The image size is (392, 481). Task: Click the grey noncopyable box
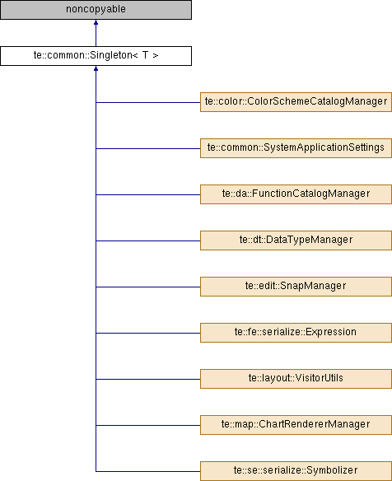coord(96,10)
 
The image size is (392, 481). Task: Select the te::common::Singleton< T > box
coord(96,56)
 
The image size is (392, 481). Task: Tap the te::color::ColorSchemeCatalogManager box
coord(296,102)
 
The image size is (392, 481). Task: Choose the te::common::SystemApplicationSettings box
coord(296,148)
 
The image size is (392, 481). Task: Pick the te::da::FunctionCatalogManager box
coord(296,194)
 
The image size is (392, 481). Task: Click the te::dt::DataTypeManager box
coord(296,240)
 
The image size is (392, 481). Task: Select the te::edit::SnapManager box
coord(296,287)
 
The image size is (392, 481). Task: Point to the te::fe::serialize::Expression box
coord(296,333)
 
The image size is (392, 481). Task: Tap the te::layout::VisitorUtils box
coord(296,379)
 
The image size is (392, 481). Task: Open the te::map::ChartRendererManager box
coord(296,425)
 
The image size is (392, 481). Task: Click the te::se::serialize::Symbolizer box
coord(296,471)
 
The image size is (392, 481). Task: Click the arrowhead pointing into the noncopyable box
coord(96,22)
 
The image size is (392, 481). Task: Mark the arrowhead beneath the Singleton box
coord(96,68)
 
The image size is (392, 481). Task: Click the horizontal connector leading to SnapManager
coord(148,287)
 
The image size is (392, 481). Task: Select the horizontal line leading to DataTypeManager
coord(148,240)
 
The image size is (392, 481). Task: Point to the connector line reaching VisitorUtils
coord(148,379)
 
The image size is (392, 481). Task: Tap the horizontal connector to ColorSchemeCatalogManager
coord(148,102)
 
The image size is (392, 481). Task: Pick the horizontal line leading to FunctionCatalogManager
coord(148,195)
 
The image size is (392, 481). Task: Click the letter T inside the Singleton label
coord(145,55)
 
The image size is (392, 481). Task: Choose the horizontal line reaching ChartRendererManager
coord(148,425)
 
